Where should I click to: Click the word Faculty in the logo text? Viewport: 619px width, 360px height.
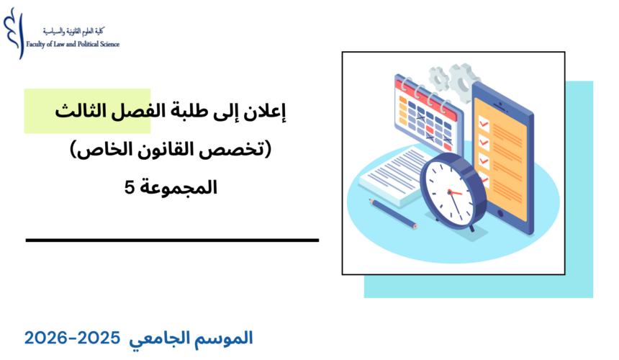[37, 44]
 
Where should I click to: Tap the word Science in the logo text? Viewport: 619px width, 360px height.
[107, 44]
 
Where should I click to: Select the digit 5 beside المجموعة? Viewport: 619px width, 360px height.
[130, 189]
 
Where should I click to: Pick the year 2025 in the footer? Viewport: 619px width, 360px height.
[137, 337]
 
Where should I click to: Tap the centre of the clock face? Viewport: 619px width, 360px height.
[449, 192]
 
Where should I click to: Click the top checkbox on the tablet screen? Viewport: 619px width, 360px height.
[484, 125]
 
